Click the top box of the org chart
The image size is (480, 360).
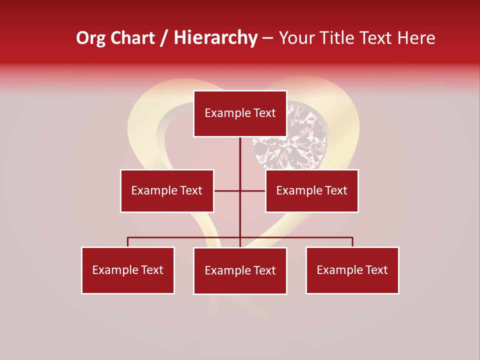pyautogui.click(x=240, y=113)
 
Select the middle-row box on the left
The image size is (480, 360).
pyautogui.click(x=167, y=190)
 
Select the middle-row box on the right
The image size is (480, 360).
pyautogui.click(x=311, y=190)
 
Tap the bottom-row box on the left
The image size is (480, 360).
pyautogui.click(x=128, y=270)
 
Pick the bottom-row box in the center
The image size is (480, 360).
pyautogui.click(x=240, y=270)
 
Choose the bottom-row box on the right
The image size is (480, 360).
pyautogui.click(x=352, y=270)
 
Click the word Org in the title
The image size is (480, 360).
pyautogui.click(x=90, y=38)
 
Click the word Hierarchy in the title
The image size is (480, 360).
pyautogui.click(x=215, y=38)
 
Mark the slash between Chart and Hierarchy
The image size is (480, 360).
pyautogui.click(x=164, y=38)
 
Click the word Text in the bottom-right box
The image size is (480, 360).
pyautogui.click(x=376, y=270)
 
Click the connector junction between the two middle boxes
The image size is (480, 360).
pyautogui.click(x=240, y=190)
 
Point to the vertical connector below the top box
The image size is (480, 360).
pyautogui.click(x=240, y=155)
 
